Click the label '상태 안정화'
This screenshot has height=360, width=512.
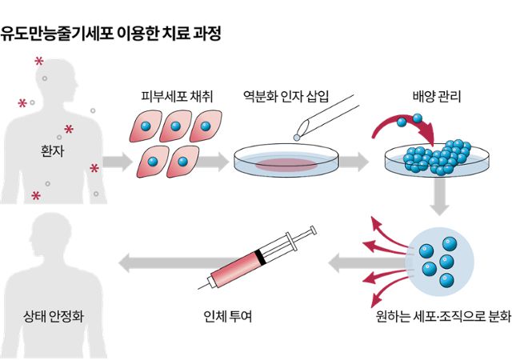pos(53,314)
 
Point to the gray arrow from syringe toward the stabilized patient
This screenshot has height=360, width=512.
pos(160,259)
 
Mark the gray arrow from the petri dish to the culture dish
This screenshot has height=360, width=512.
pos(363,162)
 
